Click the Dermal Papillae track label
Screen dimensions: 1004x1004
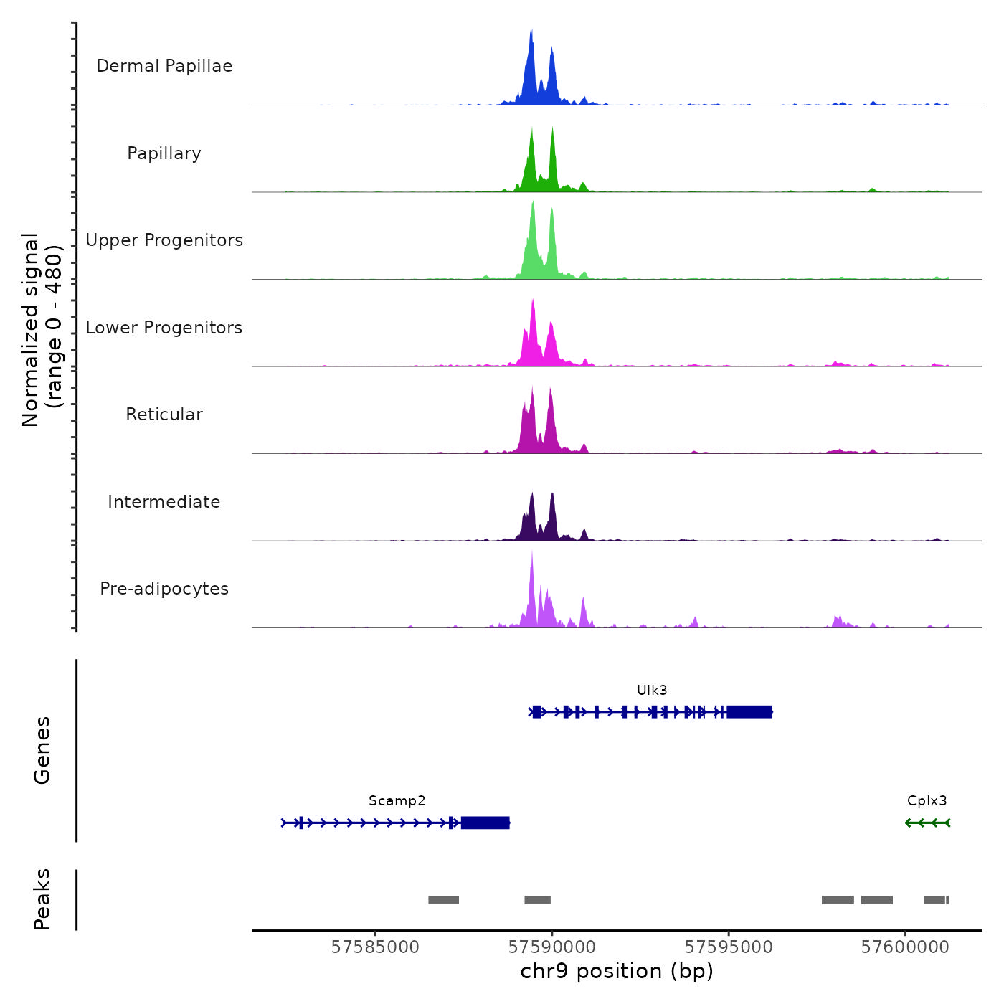coord(164,66)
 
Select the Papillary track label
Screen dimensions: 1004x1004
coord(164,153)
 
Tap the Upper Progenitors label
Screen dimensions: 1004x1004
coord(164,240)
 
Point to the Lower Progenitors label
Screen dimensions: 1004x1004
coord(164,328)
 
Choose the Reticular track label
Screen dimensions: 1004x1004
coord(164,415)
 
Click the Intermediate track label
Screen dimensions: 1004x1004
coord(164,502)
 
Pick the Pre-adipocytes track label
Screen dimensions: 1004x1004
coord(164,589)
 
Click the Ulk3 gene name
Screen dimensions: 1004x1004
coord(652,690)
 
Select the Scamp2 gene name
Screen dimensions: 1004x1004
coord(397,800)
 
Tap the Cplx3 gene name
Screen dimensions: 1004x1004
coord(927,800)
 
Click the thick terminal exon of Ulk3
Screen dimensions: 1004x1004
coord(749,711)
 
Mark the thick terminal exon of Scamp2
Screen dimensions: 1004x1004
coord(486,823)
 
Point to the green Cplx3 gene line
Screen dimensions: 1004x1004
coord(927,823)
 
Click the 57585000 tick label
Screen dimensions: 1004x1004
coord(375,947)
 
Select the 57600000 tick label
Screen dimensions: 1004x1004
coord(905,947)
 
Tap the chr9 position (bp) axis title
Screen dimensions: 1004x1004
coord(617,971)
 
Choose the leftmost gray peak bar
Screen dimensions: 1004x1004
coord(443,900)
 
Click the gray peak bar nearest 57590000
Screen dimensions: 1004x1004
coord(537,900)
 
